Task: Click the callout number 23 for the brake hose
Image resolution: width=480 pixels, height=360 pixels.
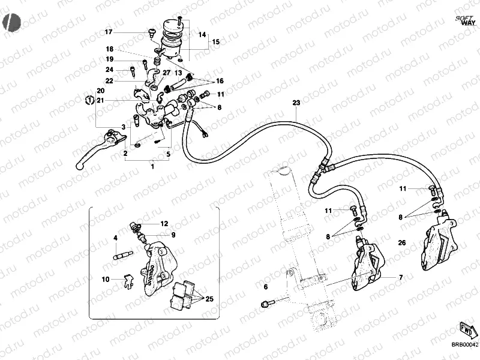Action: [296, 103]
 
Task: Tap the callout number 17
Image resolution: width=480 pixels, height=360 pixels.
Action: [109, 32]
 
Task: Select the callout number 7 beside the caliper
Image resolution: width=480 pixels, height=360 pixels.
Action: [401, 278]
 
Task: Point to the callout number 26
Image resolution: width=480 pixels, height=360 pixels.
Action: [401, 242]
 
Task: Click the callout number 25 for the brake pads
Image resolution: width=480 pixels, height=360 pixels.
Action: [209, 299]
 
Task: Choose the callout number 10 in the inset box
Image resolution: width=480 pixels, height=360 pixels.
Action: [105, 279]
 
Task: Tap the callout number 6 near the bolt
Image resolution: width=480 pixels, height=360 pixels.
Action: [265, 287]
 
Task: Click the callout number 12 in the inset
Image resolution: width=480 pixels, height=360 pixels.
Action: [164, 223]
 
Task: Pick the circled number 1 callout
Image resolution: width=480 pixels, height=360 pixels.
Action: [89, 100]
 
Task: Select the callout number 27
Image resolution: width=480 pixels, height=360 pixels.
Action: [149, 73]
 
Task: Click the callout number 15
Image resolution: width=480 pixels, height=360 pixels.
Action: [215, 42]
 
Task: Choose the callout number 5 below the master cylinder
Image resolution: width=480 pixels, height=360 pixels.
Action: [168, 154]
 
